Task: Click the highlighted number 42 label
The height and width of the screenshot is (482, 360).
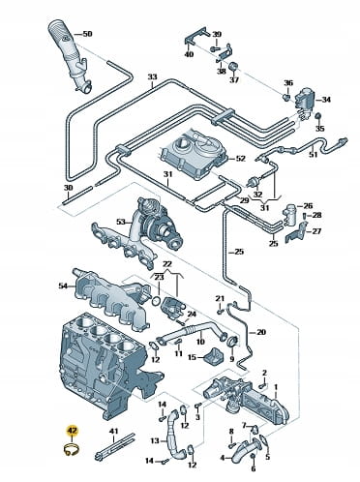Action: click(72, 431)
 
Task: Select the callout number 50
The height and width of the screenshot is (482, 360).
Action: click(87, 34)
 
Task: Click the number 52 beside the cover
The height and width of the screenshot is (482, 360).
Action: click(240, 159)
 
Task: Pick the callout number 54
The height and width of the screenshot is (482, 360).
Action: click(64, 286)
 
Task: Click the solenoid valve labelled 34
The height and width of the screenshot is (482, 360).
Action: click(305, 101)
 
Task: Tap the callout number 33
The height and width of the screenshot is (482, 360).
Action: click(152, 77)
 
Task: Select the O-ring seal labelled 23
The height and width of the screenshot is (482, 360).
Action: click(155, 300)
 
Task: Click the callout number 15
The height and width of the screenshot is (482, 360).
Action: click(192, 357)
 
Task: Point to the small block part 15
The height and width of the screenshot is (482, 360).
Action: click(214, 356)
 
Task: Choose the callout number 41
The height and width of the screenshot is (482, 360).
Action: click(114, 432)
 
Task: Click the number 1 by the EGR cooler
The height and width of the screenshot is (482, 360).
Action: click(276, 386)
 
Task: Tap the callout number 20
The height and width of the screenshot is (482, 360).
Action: click(261, 332)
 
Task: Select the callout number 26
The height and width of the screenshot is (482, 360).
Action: click(308, 206)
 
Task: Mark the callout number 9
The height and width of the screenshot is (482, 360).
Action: click(231, 359)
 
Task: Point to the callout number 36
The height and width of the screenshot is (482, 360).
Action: click(288, 83)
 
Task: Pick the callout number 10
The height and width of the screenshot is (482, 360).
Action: click(200, 342)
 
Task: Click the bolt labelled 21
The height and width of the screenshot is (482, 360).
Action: click(220, 312)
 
